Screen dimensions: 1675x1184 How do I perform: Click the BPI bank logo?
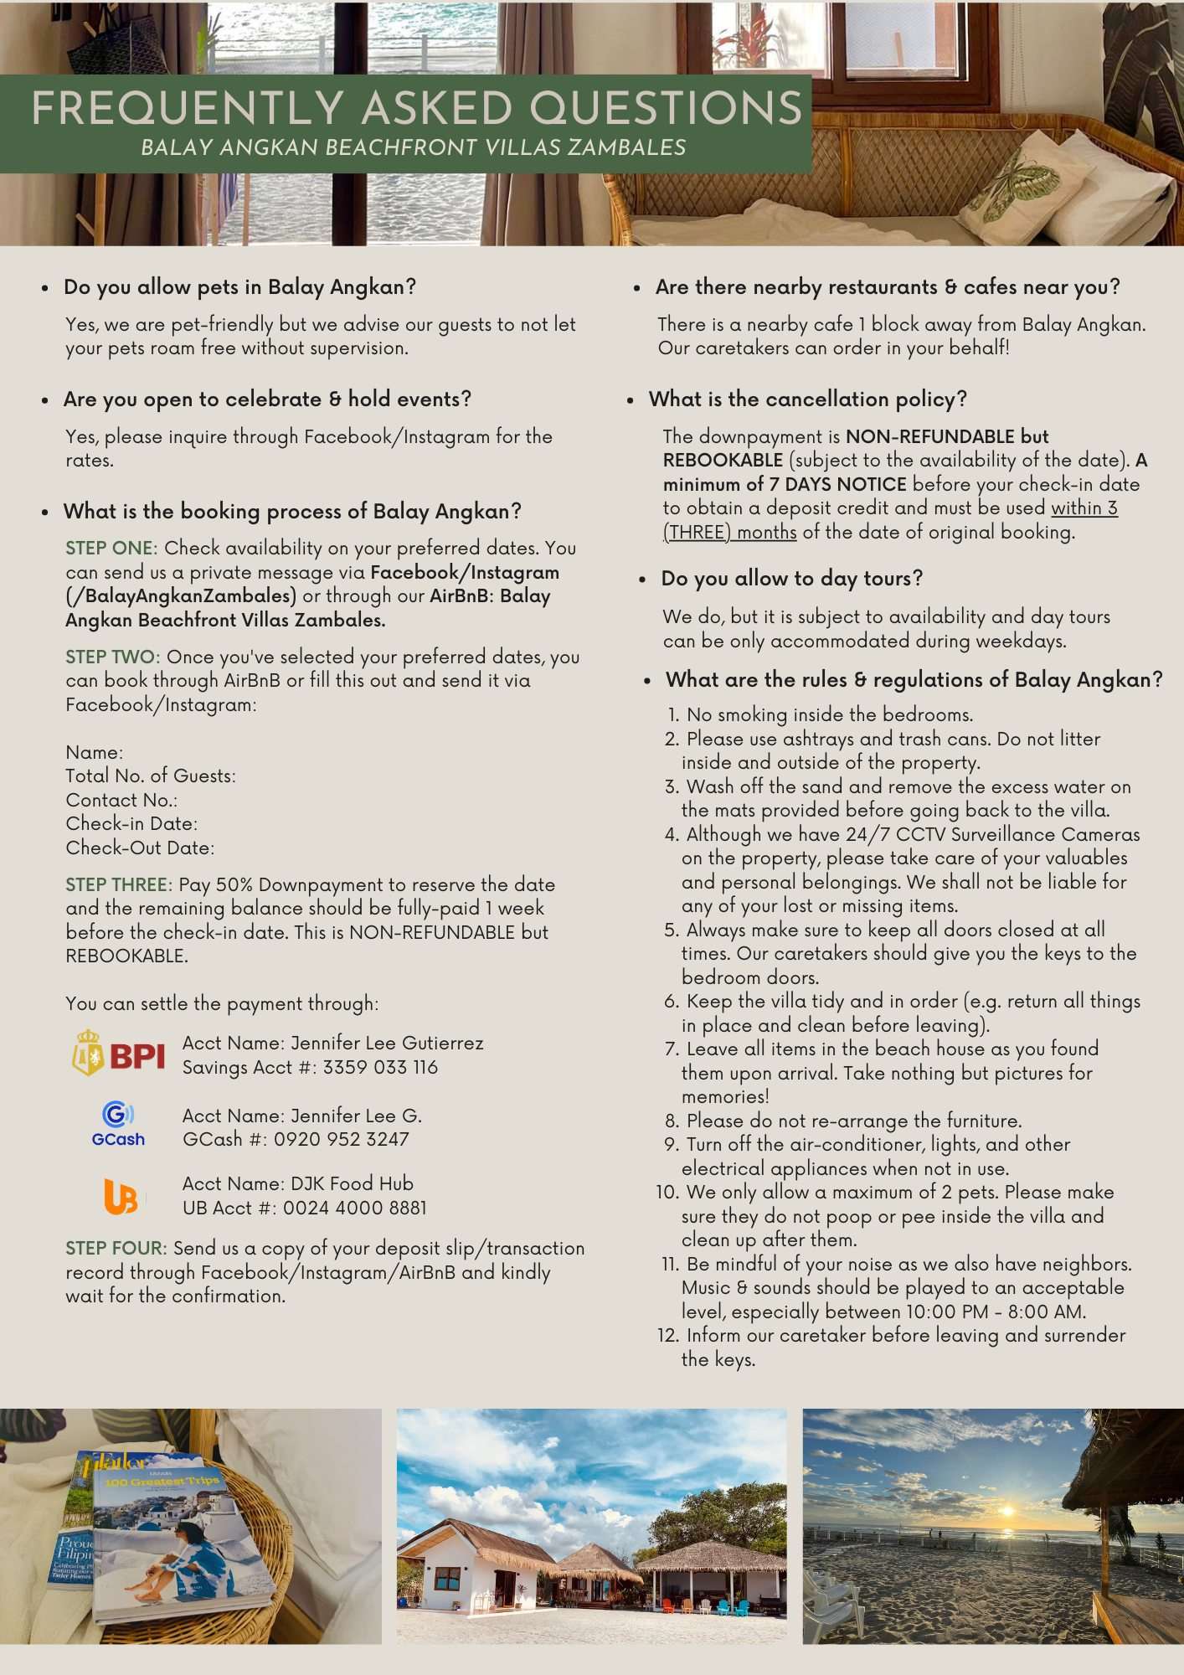118,1054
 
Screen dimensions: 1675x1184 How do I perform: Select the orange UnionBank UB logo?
121,1196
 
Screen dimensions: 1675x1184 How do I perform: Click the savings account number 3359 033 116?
380,1067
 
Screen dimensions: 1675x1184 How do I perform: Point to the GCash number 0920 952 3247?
342,1139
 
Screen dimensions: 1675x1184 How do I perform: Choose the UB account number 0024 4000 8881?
355,1208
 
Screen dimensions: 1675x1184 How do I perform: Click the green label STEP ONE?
111,549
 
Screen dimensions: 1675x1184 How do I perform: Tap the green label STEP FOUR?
116,1248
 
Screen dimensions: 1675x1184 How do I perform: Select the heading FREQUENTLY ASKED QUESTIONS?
416,109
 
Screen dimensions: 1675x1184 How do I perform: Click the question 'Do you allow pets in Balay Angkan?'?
239,287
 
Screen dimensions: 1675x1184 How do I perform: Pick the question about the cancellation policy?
807,399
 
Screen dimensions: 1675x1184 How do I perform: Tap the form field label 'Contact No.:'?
121,800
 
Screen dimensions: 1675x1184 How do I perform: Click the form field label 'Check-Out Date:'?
140,848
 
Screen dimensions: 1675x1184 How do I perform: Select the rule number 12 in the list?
667,1335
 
